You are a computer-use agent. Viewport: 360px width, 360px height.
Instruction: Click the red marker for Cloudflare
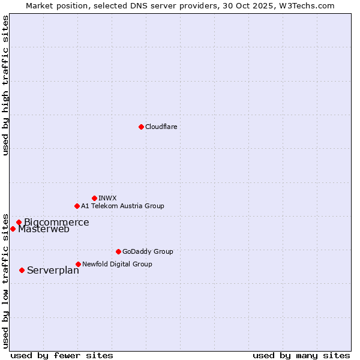(x=141, y=127)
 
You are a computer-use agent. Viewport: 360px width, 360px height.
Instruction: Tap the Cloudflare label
(x=161, y=127)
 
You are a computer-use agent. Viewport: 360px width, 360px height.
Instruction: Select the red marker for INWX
(x=94, y=198)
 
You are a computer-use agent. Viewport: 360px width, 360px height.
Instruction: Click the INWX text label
(x=107, y=198)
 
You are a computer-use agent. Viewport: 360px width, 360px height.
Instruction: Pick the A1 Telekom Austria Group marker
(x=77, y=206)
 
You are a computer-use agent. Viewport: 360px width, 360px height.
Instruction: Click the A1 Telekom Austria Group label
(x=122, y=206)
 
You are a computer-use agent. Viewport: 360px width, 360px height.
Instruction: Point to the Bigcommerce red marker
(x=19, y=222)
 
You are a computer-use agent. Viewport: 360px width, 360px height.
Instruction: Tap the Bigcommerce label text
(x=56, y=223)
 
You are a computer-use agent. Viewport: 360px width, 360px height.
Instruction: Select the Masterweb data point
(x=13, y=229)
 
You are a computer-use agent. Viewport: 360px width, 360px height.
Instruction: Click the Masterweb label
(x=44, y=229)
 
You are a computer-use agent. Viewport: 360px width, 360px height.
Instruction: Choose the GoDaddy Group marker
(x=118, y=251)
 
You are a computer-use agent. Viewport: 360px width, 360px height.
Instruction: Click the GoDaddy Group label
(x=148, y=251)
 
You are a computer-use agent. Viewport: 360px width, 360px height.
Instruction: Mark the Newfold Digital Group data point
(x=78, y=264)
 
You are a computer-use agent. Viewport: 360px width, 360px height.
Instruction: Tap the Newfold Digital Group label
(x=117, y=264)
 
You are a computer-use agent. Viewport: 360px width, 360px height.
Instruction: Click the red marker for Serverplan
(x=22, y=270)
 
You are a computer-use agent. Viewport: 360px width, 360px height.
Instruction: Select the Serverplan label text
(x=53, y=271)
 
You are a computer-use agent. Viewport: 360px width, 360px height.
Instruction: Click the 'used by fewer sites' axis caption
(x=62, y=355)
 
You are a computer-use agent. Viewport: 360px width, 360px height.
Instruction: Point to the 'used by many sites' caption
(x=301, y=355)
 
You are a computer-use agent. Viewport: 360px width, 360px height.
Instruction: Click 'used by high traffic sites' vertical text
(x=5, y=85)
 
